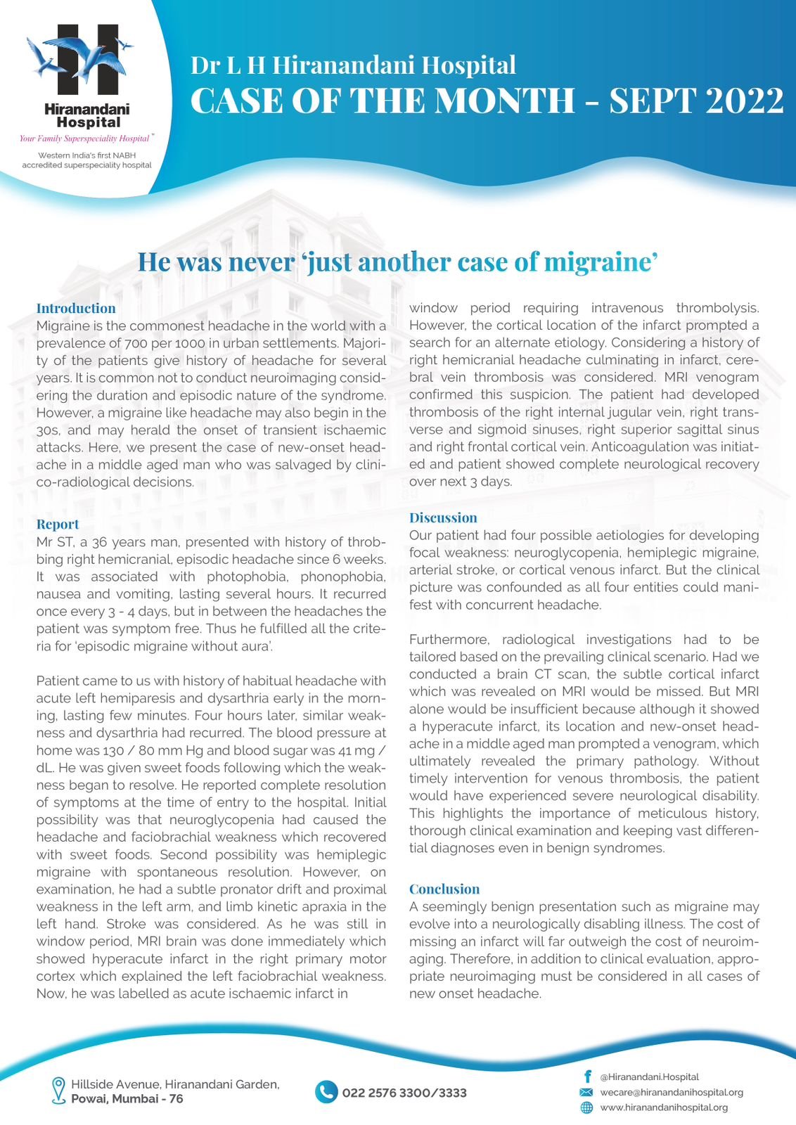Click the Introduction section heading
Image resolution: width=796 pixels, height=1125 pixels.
pyautogui.click(x=76, y=308)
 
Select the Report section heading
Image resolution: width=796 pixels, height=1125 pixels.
pyautogui.click(x=57, y=524)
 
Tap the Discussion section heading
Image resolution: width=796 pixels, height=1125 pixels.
pyautogui.click(x=443, y=517)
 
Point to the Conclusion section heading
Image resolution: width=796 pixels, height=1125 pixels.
pyautogui.click(x=444, y=889)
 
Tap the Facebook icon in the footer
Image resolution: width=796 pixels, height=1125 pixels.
pyautogui.click(x=586, y=1076)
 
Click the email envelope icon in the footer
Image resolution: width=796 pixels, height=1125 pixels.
pyautogui.click(x=586, y=1092)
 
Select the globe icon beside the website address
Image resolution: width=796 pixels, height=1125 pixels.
pyautogui.click(x=586, y=1107)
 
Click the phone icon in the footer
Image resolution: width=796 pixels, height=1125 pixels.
pyautogui.click(x=326, y=1092)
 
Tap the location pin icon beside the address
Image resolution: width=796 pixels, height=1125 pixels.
pyautogui.click(x=59, y=1091)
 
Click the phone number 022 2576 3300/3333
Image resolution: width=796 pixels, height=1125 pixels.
pyautogui.click(x=404, y=1093)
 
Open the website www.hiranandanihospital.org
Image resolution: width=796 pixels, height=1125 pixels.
pyautogui.click(x=663, y=1107)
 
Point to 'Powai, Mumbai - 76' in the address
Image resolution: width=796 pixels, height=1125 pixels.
pyautogui.click(x=127, y=1098)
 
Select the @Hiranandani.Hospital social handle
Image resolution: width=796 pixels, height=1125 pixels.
pyautogui.click(x=649, y=1076)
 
